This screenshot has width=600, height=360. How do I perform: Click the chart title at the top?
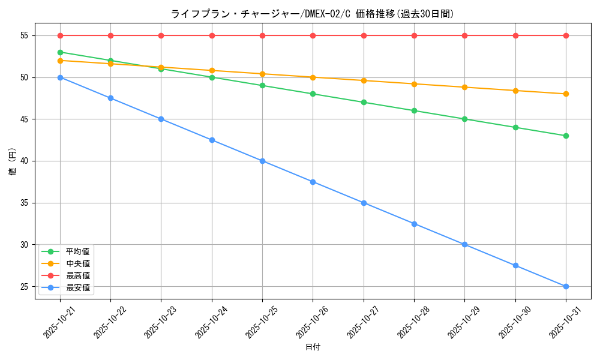click(x=313, y=14)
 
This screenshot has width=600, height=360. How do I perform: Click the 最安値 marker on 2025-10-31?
click(x=566, y=286)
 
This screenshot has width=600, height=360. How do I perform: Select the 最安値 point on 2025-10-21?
click(x=60, y=77)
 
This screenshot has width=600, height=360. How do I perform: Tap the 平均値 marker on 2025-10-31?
click(x=566, y=136)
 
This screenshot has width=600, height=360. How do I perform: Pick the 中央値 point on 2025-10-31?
click(x=566, y=94)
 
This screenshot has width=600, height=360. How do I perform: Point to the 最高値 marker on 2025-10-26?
click(x=313, y=35)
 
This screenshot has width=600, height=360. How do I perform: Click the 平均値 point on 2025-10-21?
click(x=60, y=52)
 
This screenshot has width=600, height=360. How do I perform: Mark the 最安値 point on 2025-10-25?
click(x=262, y=161)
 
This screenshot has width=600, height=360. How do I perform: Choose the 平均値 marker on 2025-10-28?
click(x=414, y=110)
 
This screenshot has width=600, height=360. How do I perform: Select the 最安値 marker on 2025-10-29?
click(x=464, y=244)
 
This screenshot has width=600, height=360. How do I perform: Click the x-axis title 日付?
click(x=313, y=347)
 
